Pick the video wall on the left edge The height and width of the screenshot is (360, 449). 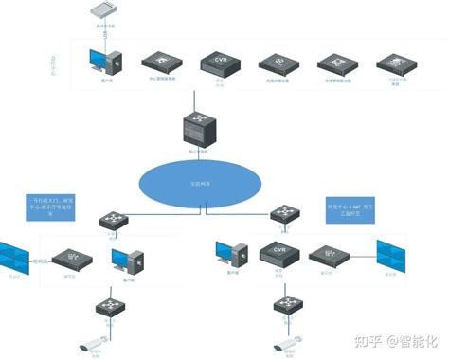16,258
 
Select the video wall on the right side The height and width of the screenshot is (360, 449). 394,256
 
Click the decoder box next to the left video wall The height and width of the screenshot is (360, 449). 70,258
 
